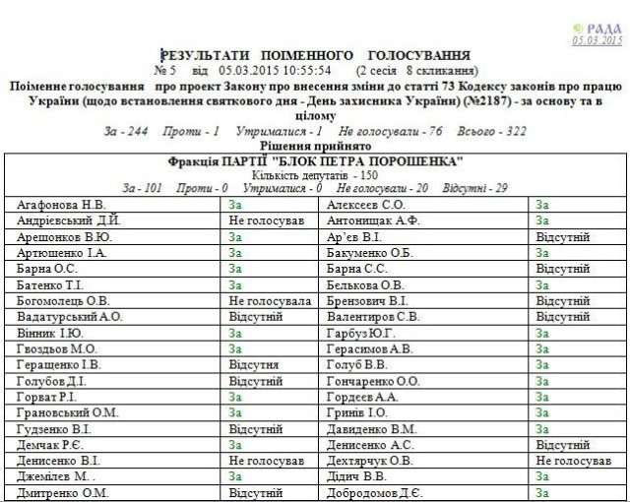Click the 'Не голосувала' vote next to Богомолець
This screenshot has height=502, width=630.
[x=269, y=300]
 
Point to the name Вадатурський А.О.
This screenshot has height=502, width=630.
[x=70, y=317]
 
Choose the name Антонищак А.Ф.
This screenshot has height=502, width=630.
[x=373, y=220]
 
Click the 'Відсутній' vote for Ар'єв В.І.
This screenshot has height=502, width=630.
[x=562, y=237]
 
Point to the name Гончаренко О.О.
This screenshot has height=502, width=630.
[x=373, y=380]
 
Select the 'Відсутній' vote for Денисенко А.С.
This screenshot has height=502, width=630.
[x=562, y=444]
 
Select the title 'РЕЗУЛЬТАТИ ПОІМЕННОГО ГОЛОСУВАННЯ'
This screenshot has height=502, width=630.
[x=315, y=55]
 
